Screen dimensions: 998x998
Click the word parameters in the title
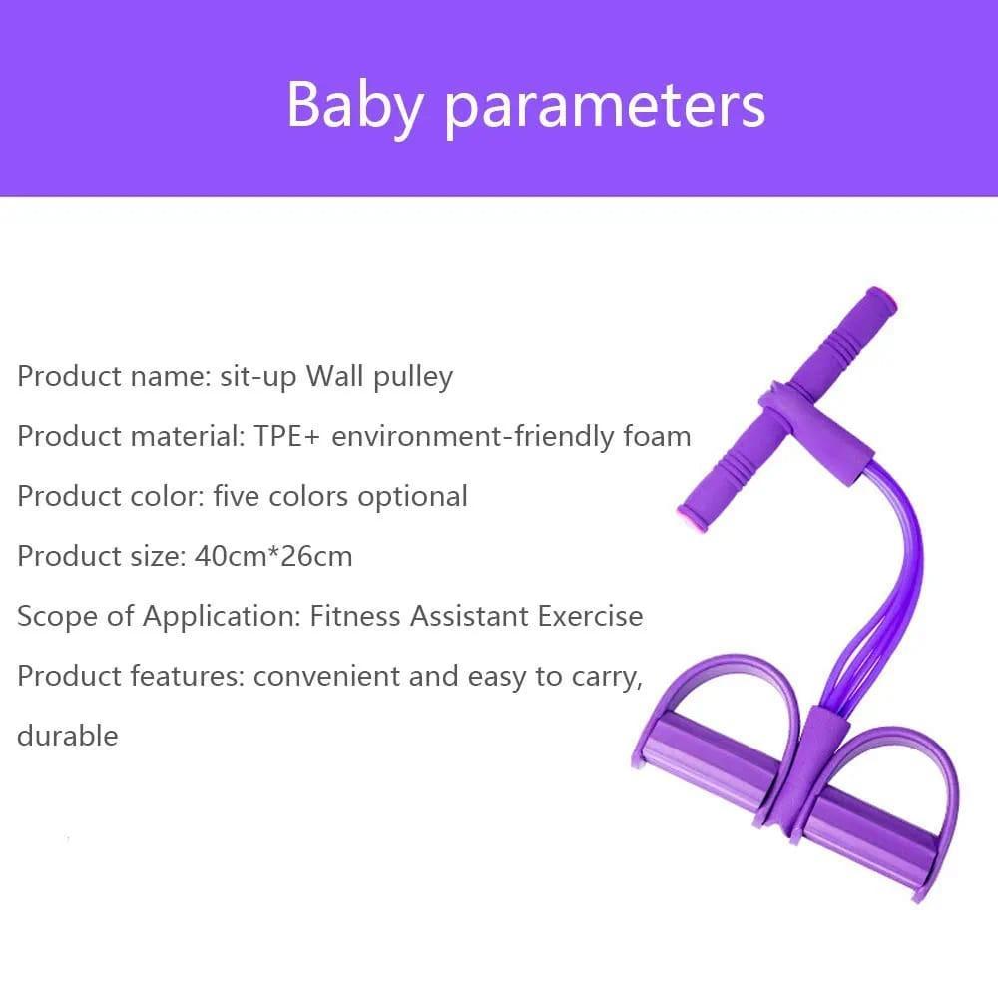(x=605, y=105)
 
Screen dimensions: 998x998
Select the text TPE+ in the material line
(x=285, y=437)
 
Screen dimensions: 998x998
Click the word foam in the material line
(x=655, y=437)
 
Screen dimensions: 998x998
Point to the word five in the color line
(x=237, y=496)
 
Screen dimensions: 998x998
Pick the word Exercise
(x=591, y=616)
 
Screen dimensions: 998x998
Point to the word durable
(x=67, y=736)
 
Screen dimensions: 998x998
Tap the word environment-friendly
(x=485, y=437)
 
